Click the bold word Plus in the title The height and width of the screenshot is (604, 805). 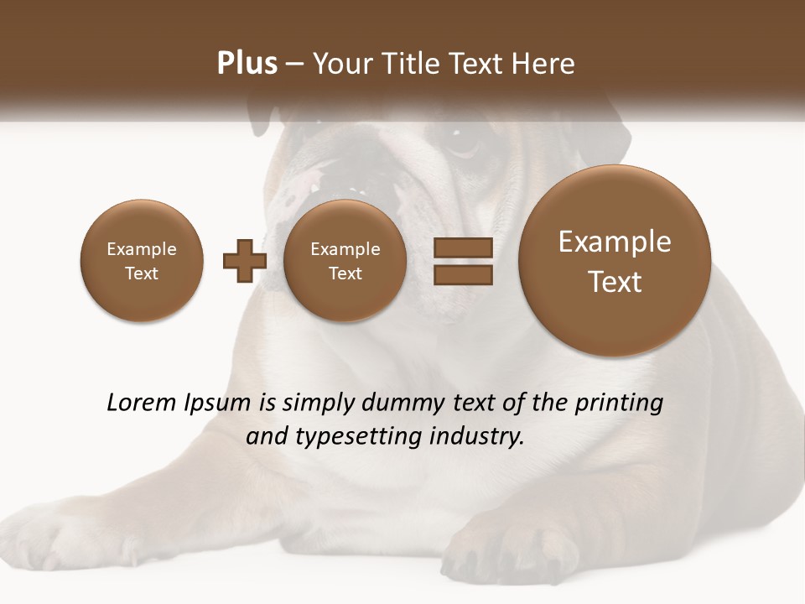(247, 64)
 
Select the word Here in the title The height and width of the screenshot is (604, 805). (543, 64)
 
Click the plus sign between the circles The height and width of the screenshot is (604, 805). (245, 260)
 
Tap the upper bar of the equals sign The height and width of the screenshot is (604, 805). (462, 247)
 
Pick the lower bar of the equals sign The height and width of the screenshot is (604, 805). (462, 275)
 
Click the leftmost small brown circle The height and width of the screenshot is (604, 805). (141, 260)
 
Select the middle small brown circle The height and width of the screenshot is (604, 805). (345, 260)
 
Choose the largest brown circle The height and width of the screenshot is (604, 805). (615, 260)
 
